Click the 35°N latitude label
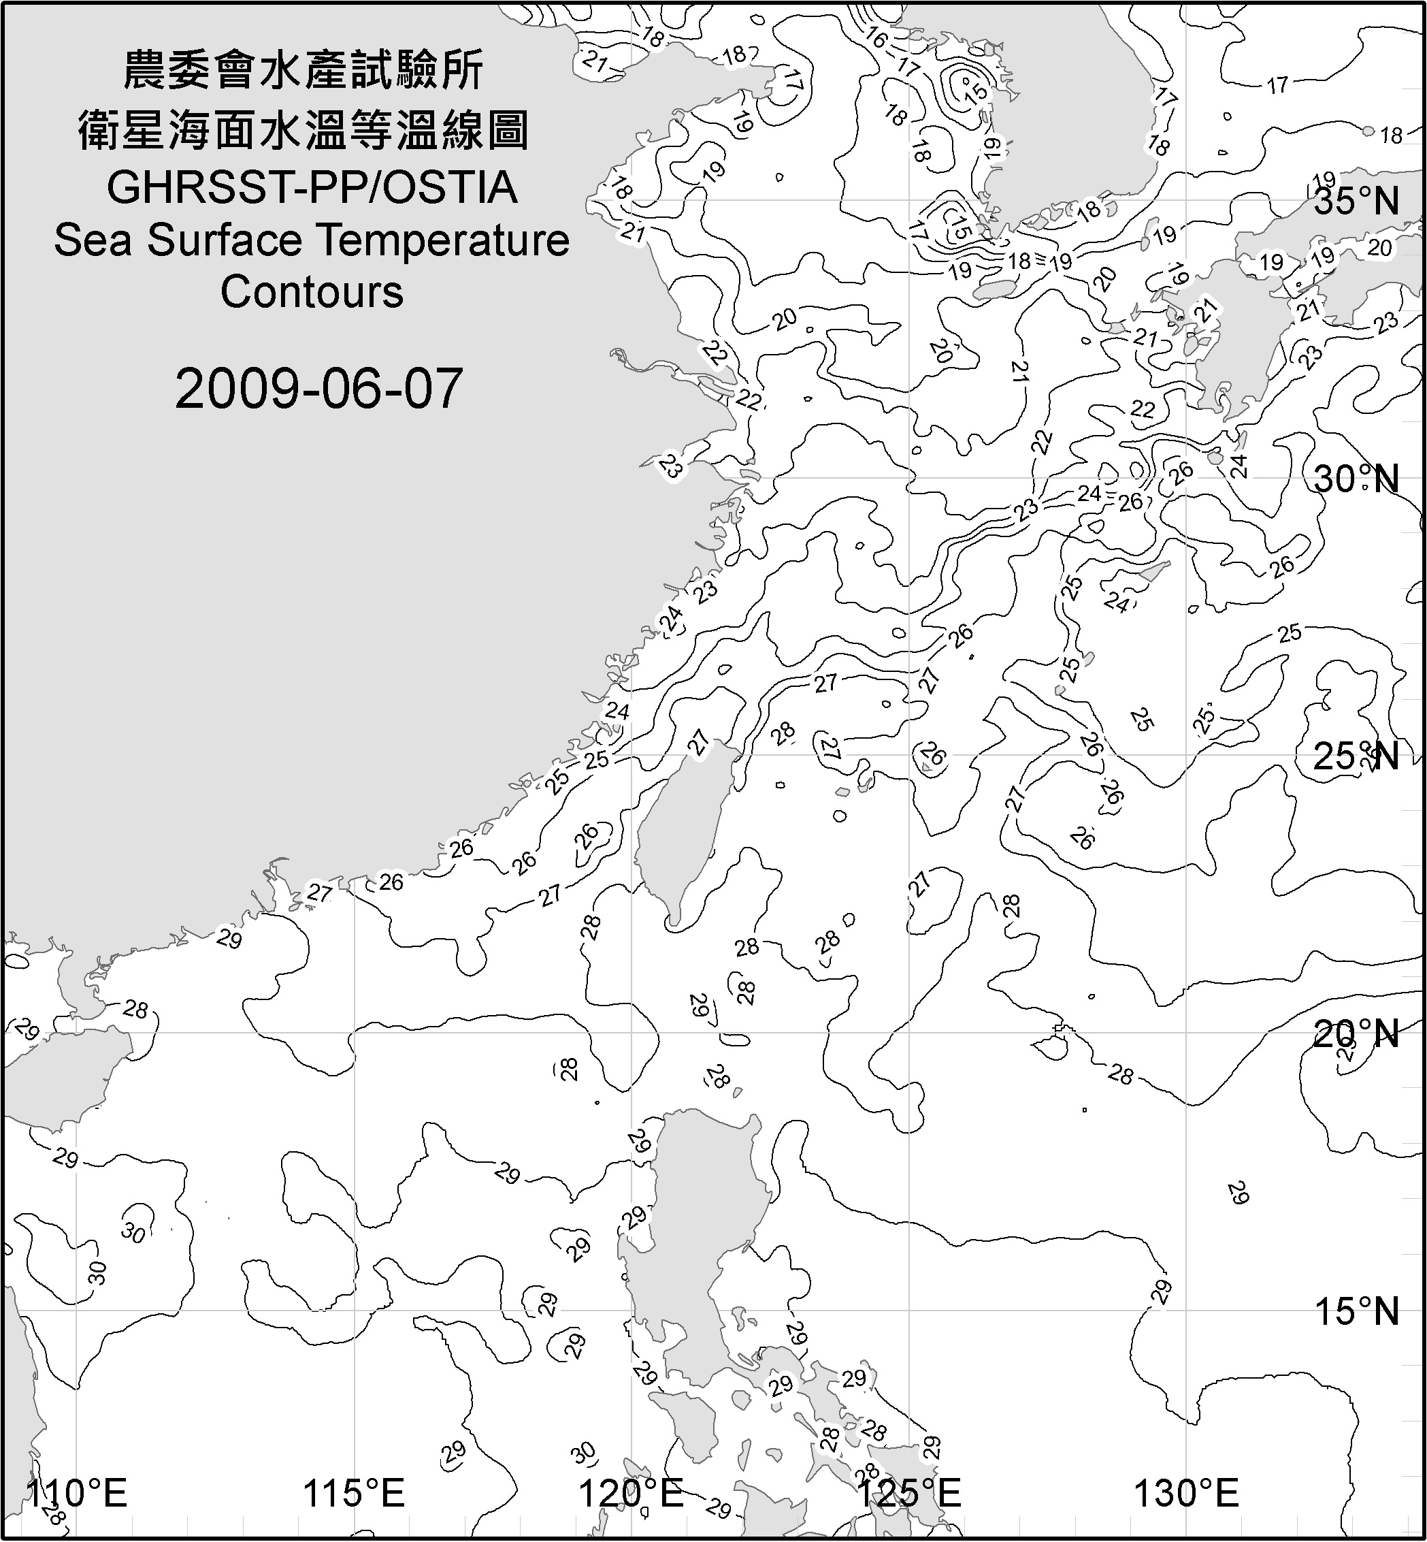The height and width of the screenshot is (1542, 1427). (1357, 202)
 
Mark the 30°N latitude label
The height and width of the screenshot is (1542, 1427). (1357, 480)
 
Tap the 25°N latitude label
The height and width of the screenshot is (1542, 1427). (1357, 756)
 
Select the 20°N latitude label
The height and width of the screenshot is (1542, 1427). (1357, 1034)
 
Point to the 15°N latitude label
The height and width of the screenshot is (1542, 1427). (1357, 1312)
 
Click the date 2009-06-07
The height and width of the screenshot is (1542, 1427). (318, 389)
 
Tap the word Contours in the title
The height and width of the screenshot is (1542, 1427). (312, 292)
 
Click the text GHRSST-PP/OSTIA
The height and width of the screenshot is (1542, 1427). (312, 188)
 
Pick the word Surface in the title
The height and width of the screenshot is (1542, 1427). (227, 240)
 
